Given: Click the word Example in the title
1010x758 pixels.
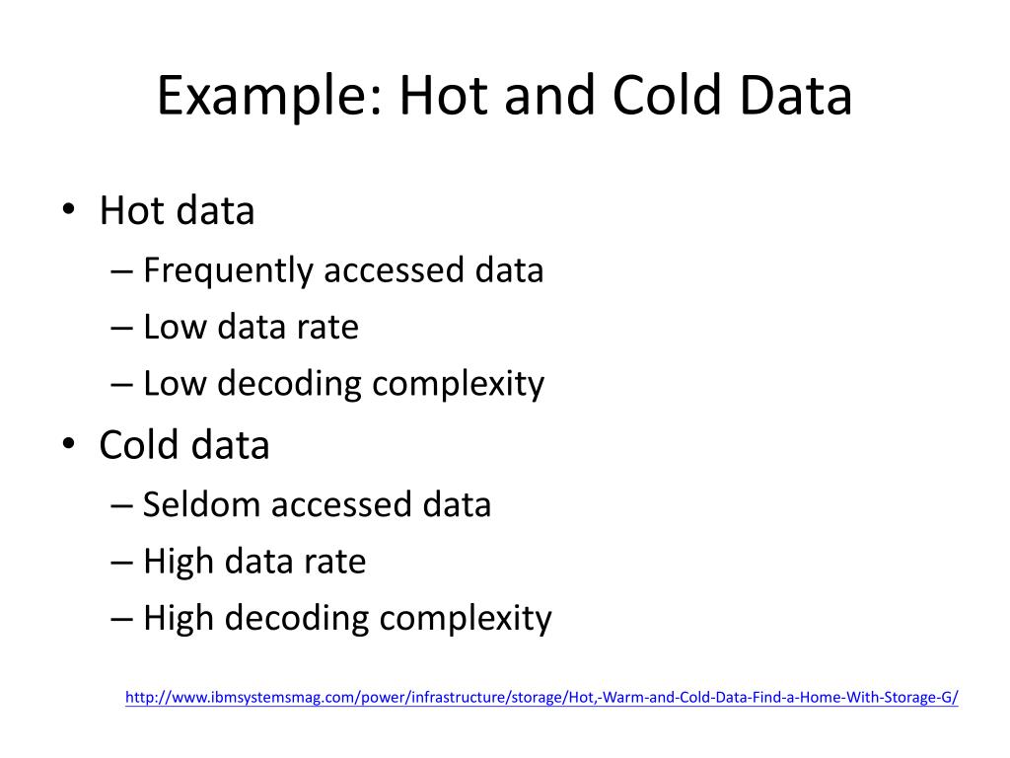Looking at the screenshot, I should point(267,98).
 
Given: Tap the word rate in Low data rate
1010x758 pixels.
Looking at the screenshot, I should point(328,327).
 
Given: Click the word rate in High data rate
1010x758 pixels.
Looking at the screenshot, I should point(336,562).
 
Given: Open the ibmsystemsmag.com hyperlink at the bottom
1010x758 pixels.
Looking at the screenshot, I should point(541,698).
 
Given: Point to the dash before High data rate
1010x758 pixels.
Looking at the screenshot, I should point(123,563).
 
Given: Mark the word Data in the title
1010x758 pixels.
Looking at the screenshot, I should point(794,98).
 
